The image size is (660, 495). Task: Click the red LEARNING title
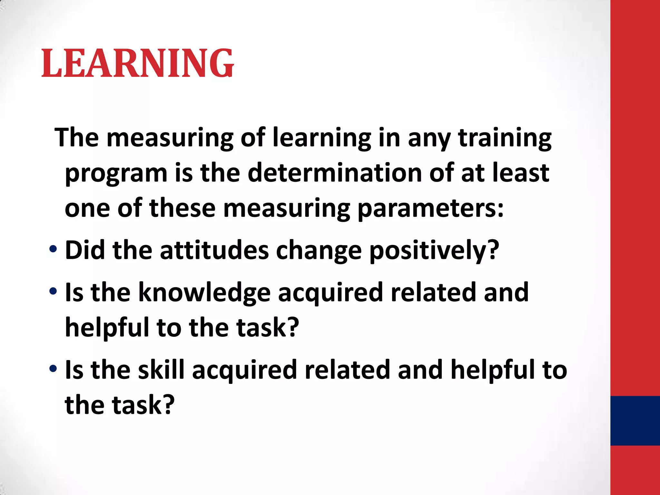coord(138,63)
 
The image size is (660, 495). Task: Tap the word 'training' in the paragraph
coord(505,138)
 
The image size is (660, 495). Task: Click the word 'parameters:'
coord(431,209)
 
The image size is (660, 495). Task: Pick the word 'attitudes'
coord(214,250)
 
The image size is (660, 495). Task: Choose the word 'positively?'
coord(434,251)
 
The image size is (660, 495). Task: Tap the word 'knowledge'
coord(205,293)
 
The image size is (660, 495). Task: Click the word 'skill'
coord(161,369)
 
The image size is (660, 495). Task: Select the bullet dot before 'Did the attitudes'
coord(53,249)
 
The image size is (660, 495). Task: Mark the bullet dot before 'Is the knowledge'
coord(53,291)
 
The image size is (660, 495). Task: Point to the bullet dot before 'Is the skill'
coord(53,368)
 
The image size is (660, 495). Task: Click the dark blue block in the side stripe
coord(635,421)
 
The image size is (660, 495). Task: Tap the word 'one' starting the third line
coord(87,209)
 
